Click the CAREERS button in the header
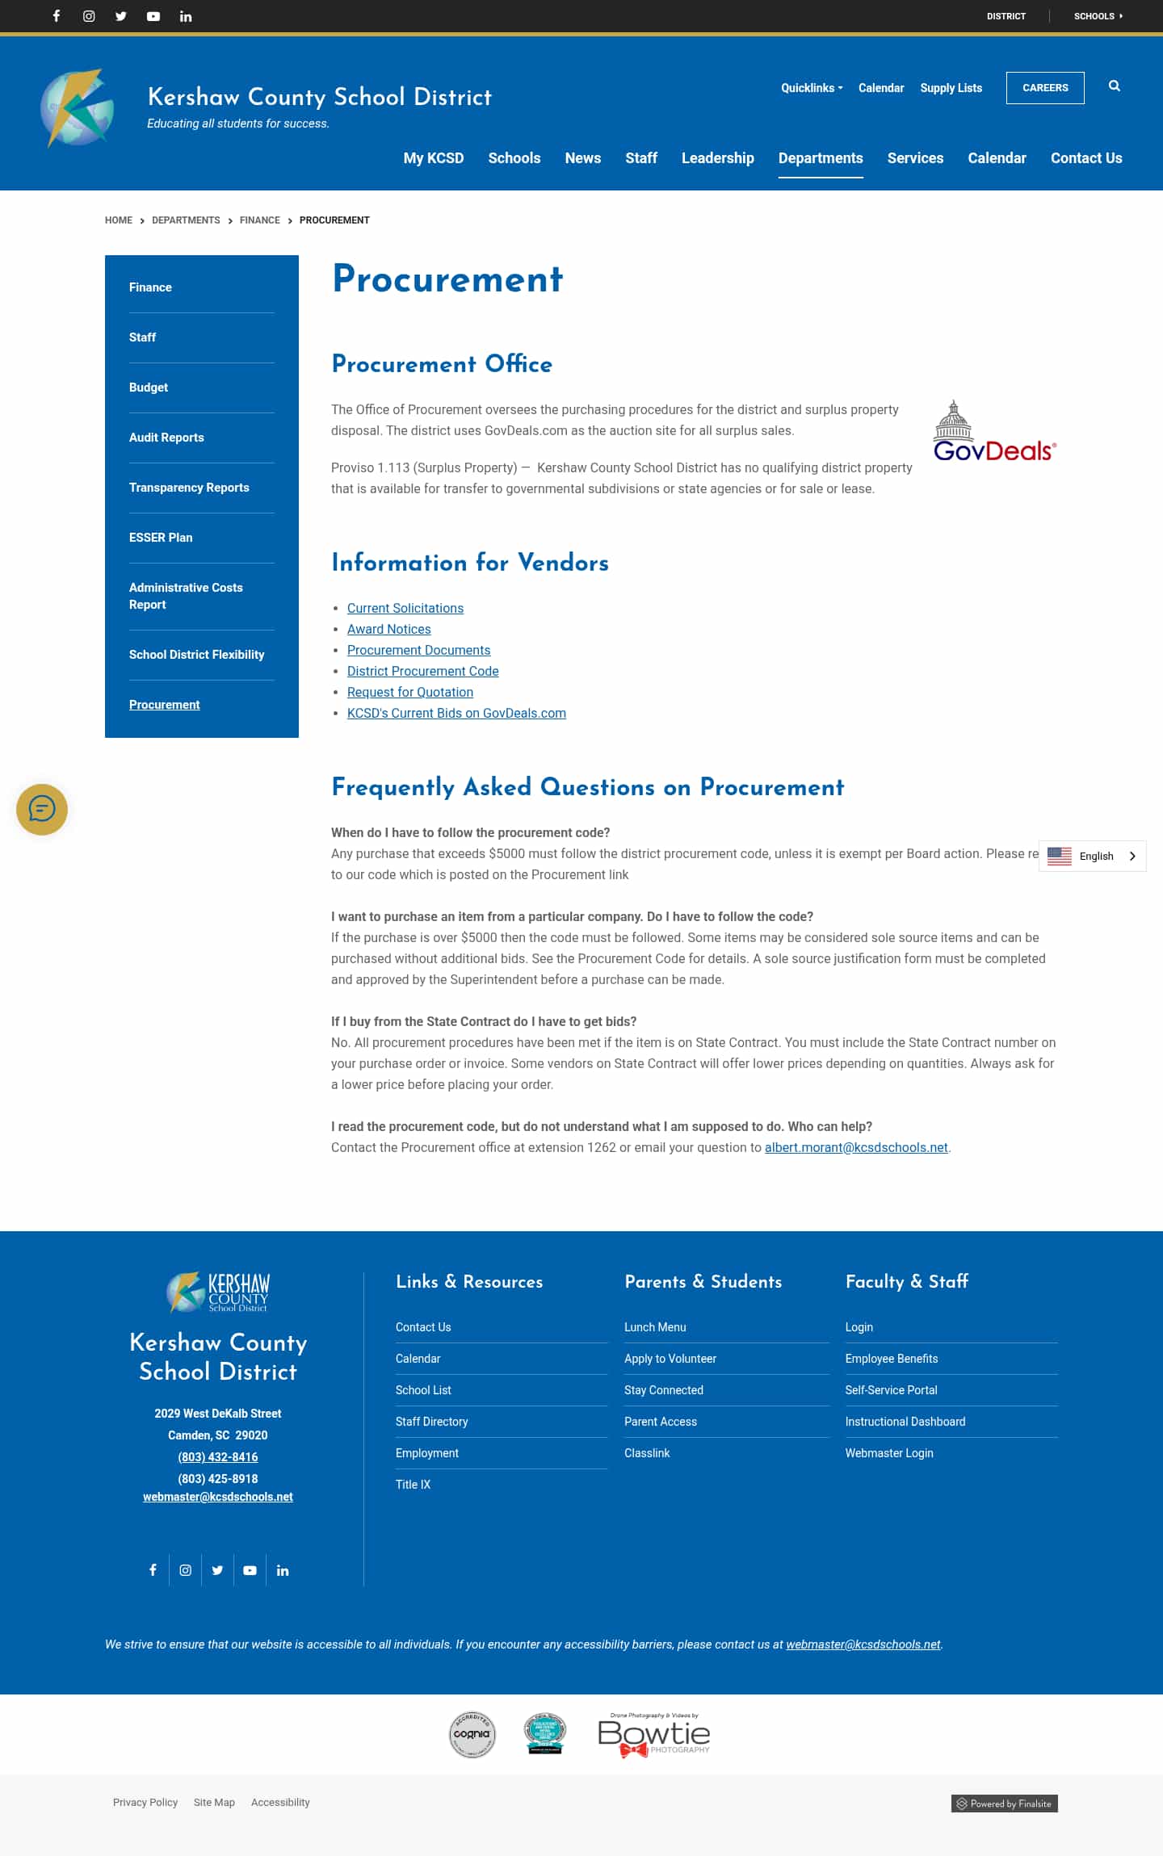click(x=1045, y=88)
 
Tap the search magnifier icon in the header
click(x=1115, y=86)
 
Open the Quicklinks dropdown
click(x=811, y=88)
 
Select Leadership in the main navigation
click(x=717, y=158)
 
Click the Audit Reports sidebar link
click(x=166, y=438)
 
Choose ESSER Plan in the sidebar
click(x=161, y=538)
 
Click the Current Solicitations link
click(x=405, y=609)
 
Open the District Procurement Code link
click(x=422, y=672)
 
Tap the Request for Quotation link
click(x=410, y=693)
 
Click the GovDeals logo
click(x=994, y=432)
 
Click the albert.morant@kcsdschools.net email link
click(x=856, y=1148)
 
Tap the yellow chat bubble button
click(x=42, y=810)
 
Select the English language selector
click(x=1092, y=857)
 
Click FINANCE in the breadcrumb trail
click(x=259, y=220)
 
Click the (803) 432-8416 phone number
click(x=218, y=1457)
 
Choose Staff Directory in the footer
click(x=432, y=1422)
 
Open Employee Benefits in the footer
click(x=892, y=1359)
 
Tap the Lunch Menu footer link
click(x=655, y=1327)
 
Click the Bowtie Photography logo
click(x=653, y=1735)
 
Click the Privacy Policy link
click(x=145, y=1803)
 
